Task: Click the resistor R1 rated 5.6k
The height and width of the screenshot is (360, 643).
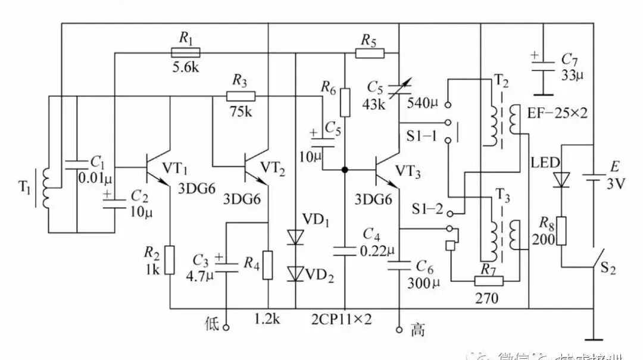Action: point(186,52)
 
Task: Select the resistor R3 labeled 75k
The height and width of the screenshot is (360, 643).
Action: point(241,96)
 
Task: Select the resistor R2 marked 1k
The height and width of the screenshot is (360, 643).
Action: point(170,259)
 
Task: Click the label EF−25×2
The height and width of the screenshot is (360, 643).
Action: point(557,113)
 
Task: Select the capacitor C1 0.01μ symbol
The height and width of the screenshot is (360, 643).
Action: point(77,164)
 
